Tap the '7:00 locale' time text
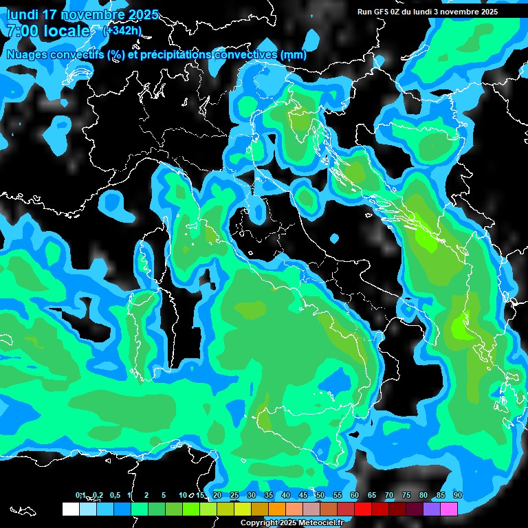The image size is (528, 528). [47, 31]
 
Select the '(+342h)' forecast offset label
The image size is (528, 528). [122, 30]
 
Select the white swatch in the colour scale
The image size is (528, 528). [70, 509]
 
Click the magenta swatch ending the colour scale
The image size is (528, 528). [449, 509]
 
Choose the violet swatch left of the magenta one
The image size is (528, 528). [432, 509]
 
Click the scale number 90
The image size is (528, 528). [457, 495]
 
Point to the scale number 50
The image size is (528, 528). [320, 495]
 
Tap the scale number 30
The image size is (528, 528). [252, 495]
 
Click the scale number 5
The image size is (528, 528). [164, 495]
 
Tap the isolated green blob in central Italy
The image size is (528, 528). [305, 197]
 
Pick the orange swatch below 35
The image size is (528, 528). [277, 509]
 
